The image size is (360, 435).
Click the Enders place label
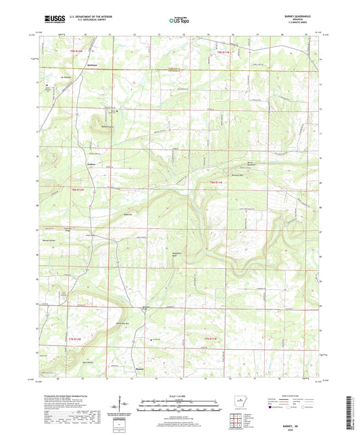pyautogui.click(x=92, y=163)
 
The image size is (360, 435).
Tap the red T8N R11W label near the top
pyautogui.click(x=224, y=51)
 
